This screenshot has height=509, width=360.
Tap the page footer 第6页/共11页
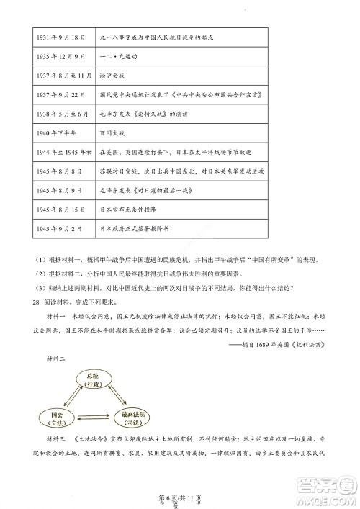(x=179, y=492)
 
